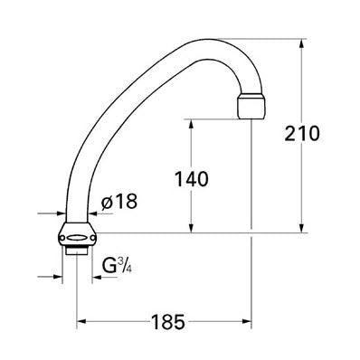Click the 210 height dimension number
(x=302, y=133)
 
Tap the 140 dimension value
(x=192, y=178)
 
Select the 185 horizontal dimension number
(x=167, y=322)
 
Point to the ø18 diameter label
(x=119, y=201)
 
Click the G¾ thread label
(x=117, y=265)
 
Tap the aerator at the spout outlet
(x=251, y=106)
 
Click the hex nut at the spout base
(x=77, y=235)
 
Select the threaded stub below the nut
(x=77, y=251)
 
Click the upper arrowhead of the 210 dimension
(x=301, y=43)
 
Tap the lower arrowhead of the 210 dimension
(x=301, y=228)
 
